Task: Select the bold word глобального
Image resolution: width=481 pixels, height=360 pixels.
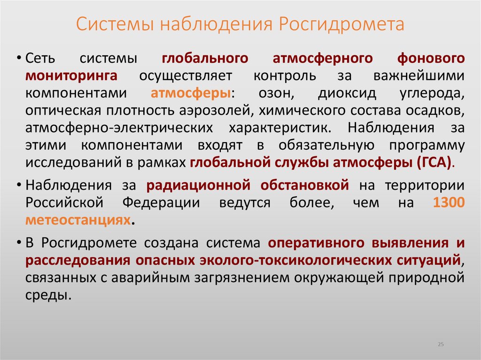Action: (205, 59)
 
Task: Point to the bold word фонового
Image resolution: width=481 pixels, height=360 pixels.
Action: (431, 59)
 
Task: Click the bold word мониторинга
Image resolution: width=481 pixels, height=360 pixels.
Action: (71, 76)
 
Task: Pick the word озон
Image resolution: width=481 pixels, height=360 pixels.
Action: (289, 93)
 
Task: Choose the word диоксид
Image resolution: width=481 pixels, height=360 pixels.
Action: (347, 93)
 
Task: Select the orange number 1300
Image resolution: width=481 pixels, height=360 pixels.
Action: (449, 203)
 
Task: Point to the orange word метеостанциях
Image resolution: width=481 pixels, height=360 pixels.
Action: (78, 220)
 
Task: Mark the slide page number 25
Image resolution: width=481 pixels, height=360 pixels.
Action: (441, 345)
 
